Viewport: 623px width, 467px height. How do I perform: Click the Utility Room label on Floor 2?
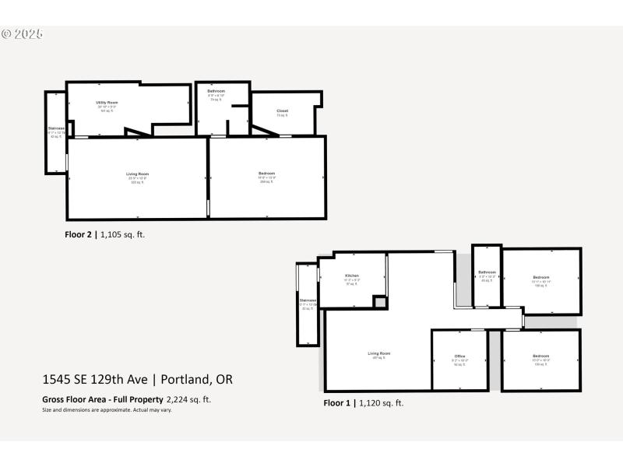pyautogui.click(x=107, y=103)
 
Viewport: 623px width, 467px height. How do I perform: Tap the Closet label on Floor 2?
pyautogui.click(x=283, y=111)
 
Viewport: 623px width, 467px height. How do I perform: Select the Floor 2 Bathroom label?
pyautogui.click(x=216, y=91)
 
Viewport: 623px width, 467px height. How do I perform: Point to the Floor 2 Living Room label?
pyautogui.click(x=138, y=174)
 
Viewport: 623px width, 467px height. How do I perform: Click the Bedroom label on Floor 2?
pyautogui.click(x=266, y=173)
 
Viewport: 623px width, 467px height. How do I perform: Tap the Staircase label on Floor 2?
pyautogui.click(x=55, y=128)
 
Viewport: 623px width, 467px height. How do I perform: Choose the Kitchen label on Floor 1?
pyautogui.click(x=352, y=276)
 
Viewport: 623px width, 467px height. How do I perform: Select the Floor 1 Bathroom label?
pyautogui.click(x=487, y=272)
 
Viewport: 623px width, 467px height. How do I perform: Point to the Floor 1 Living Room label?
pyautogui.click(x=379, y=353)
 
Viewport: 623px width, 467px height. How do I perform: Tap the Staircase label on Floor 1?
pyautogui.click(x=308, y=300)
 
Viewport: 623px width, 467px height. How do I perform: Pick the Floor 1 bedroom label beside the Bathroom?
pyautogui.click(x=540, y=277)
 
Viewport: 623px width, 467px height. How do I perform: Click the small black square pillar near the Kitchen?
pyautogui.click(x=380, y=302)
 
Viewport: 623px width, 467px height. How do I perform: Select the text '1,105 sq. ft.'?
pyautogui.click(x=123, y=233)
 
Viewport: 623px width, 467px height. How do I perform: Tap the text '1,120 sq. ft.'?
pyautogui.click(x=382, y=403)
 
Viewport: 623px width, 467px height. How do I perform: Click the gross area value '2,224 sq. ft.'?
pyautogui.click(x=188, y=399)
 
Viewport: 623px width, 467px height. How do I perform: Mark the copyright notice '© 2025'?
pyautogui.click(x=22, y=34)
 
